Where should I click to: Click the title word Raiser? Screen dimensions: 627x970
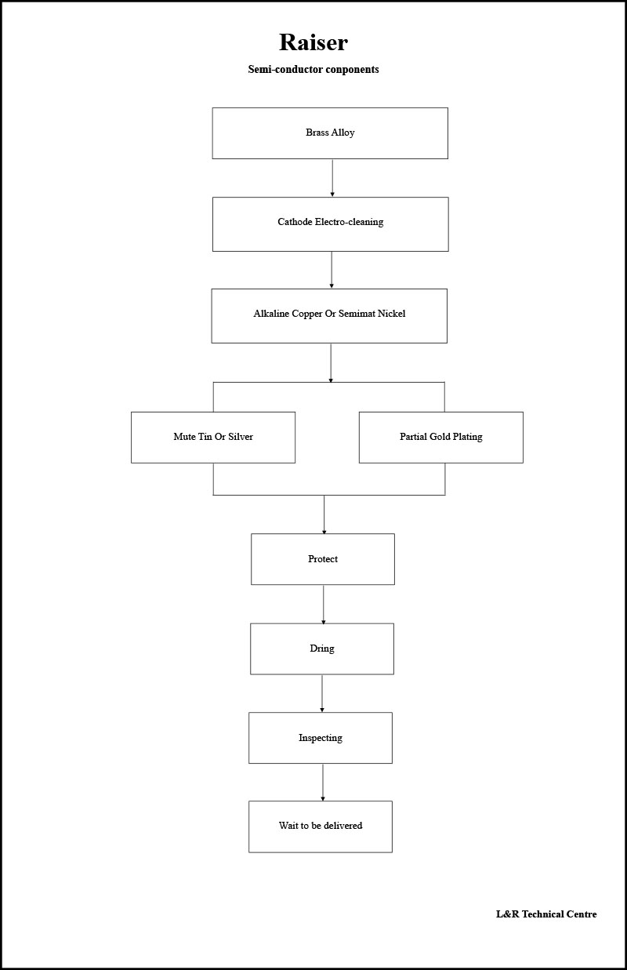click(x=313, y=42)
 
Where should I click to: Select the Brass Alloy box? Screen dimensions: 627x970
click(x=330, y=133)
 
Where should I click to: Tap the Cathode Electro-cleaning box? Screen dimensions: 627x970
click(x=331, y=224)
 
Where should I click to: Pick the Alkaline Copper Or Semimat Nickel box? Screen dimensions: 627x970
click(x=329, y=316)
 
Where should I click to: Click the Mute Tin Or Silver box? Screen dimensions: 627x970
click(x=213, y=438)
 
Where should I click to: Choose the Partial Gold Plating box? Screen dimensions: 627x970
click(x=441, y=438)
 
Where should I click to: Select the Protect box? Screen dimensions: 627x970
click(x=323, y=559)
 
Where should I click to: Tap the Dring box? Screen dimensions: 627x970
click(x=322, y=648)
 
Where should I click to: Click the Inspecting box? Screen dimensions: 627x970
click(x=321, y=738)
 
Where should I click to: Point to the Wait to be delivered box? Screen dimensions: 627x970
click(x=321, y=826)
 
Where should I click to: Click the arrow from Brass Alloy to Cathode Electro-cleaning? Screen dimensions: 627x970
click(x=332, y=178)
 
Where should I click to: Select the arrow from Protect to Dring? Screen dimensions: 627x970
click(x=323, y=605)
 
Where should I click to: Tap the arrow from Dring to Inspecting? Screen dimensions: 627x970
click(x=322, y=694)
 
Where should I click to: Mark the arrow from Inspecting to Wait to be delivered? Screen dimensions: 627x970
click(x=323, y=783)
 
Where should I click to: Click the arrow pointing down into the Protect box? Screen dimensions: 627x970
click(x=324, y=515)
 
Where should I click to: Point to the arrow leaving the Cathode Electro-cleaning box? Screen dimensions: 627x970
click(x=332, y=271)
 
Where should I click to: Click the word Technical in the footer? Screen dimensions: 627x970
click(x=542, y=914)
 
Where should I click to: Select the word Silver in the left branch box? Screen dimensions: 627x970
click(x=241, y=437)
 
